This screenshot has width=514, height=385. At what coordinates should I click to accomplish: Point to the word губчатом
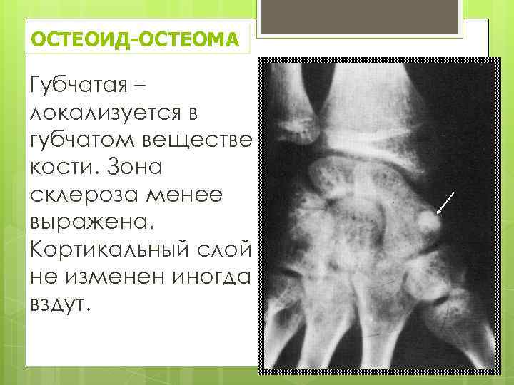[78, 140]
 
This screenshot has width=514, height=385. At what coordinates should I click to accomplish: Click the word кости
[58, 166]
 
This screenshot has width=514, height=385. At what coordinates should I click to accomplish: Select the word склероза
[78, 192]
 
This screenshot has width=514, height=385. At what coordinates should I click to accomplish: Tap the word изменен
[110, 271]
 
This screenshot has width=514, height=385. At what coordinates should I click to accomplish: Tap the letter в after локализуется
[193, 114]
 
